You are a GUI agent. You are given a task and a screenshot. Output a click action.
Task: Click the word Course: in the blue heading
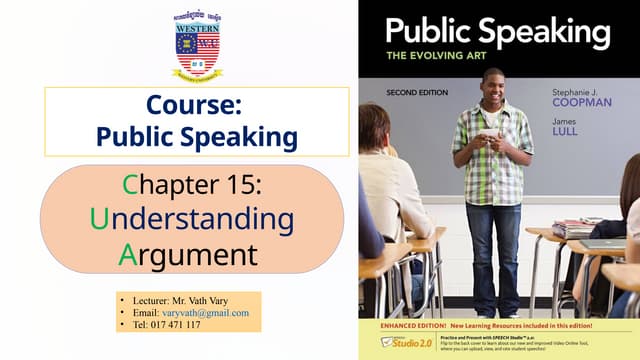197,103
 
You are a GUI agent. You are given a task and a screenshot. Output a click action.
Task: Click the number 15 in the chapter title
245,185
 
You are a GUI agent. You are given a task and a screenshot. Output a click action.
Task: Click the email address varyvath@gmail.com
205,312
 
